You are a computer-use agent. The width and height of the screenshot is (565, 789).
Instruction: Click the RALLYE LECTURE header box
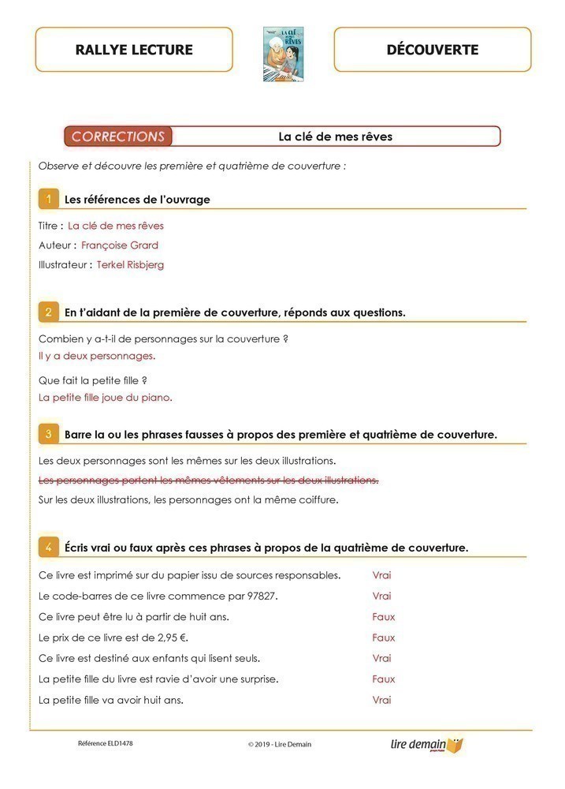pyautogui.click(x=134, y=50)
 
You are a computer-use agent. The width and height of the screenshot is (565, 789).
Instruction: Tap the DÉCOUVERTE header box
pyautogui.click(x=433, y=50)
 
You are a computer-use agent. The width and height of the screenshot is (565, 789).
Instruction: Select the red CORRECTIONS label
pyautogui.click(x=118, y=136)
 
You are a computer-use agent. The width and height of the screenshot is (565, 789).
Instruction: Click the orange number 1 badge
pyautogui.click(x=48, y=199)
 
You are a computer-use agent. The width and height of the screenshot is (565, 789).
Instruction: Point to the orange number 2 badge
pyautogui.click(x=48, y=312)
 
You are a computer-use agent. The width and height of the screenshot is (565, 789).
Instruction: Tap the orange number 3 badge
pyautogui.click(x=48, y=434)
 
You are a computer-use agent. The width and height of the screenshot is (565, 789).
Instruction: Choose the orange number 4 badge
pyautogui.click(x=48, y=547)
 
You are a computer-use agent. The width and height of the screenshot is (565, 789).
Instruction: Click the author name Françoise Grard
pyautogui.click(x=120, y=245)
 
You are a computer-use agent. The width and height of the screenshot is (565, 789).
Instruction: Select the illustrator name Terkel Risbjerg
pyautogui.click(x=131, y=265)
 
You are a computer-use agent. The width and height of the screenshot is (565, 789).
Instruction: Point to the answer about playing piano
pyautogui.click(x=106, y=398)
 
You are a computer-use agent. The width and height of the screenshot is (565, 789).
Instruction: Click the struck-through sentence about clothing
pyautogui.click(x=209, y=480)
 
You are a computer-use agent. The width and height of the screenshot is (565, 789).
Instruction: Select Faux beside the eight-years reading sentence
pyautogui.click(x=384, y=617)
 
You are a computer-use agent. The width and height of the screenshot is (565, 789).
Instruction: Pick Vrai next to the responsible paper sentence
pyautogui.click(x=382, y=575)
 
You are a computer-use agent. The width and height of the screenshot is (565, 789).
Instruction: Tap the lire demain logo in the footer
pyautogui.click(x=426, y=744)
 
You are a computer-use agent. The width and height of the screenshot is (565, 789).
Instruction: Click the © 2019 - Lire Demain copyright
pyautogui.click(x=280, y=744)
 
